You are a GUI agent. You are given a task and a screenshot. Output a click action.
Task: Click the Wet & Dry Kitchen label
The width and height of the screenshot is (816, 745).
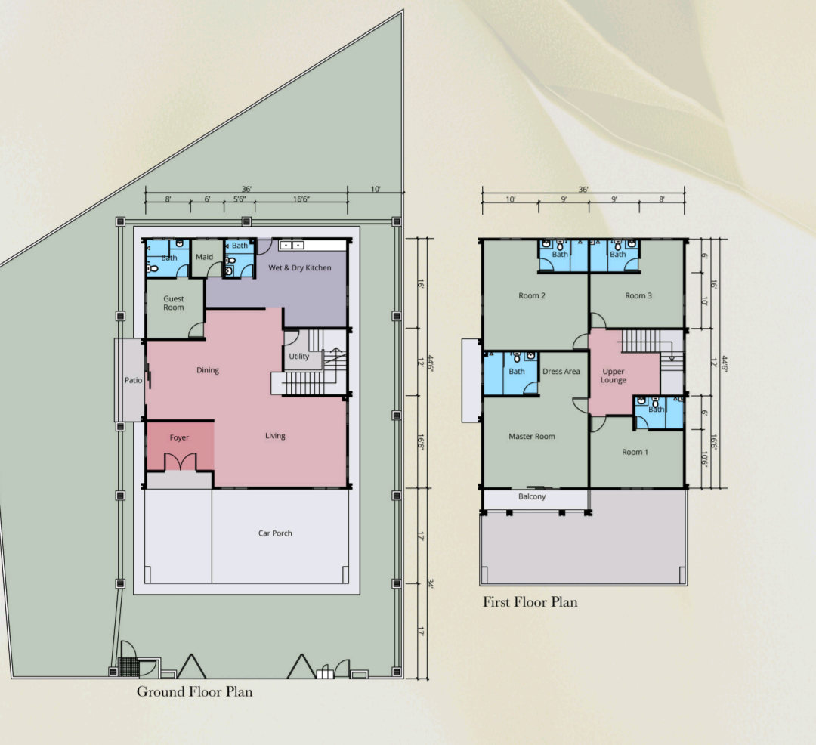coord(300,268)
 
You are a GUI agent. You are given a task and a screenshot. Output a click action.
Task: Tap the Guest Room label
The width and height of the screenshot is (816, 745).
coord(174,303)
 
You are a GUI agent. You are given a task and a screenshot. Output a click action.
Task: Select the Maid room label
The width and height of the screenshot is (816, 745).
coord(205,257)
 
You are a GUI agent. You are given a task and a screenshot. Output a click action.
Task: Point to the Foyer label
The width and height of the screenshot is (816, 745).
coord(179,437)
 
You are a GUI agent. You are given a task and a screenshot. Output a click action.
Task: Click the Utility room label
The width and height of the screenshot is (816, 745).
coord(298,357)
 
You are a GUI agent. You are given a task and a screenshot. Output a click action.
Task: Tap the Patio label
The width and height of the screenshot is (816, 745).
coord(133,380)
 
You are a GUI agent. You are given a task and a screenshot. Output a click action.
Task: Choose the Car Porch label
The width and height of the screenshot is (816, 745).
coord(275,533)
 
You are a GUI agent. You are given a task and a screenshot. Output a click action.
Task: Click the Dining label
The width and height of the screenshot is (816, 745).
coord(208,370)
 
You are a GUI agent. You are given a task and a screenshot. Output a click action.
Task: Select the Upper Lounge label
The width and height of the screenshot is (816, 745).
coord(614,376)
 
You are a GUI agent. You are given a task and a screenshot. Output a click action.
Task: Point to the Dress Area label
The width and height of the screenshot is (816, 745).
coord(561,372)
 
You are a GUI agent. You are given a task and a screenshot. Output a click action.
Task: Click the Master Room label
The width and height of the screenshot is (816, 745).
coord(532,437)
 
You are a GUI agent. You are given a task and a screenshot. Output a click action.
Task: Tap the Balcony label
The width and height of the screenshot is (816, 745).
coord(532,496)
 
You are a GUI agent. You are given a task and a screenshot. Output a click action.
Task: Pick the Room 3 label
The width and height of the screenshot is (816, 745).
coord(638,295)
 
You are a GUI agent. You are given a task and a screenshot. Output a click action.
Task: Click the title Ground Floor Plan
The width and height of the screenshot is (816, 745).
coord(195,692)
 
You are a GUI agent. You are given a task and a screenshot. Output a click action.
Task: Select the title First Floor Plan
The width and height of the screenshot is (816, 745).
coord(530,602)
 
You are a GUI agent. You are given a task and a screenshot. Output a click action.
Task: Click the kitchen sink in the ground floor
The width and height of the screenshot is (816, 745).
coord(292,245)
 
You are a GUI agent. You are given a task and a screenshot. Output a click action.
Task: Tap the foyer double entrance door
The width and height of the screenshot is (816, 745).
coord(181,462)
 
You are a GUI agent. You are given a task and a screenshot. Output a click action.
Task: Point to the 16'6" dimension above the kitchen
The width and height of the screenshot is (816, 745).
coord(301,199)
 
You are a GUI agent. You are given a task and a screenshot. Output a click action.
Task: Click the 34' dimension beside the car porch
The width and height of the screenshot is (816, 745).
coord(430,584)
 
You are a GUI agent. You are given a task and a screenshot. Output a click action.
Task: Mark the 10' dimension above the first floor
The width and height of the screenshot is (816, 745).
coord(511,199)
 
